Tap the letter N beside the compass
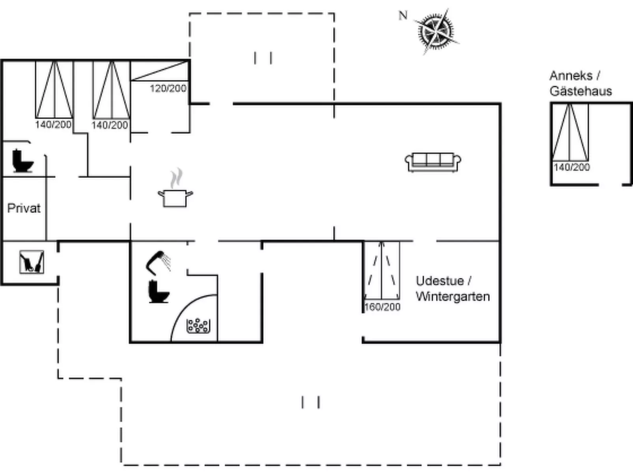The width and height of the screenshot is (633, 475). point(403,15)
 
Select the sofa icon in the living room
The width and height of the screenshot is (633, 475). point(433,162)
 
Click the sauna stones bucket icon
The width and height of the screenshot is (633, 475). point(198,326)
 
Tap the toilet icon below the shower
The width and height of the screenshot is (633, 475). point(158,292)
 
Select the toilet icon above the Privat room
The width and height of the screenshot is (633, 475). point(23,161)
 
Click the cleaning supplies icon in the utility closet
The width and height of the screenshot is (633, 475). point(32,262)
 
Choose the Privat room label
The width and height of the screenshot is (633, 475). point(24,208)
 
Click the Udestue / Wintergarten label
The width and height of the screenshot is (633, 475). point(453,289)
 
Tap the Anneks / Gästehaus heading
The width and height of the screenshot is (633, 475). point(581,83)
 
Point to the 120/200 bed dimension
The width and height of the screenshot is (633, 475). point(168,89)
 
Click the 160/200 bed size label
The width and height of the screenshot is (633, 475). point(382,307)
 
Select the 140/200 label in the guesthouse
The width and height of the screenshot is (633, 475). point(572,167)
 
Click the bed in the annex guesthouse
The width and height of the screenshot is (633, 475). point(570,132)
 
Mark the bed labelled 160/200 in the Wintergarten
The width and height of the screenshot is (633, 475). point(382,270)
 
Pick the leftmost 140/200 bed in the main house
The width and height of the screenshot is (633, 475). point(54,90)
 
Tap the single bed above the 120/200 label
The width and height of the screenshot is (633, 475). point(160,71)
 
